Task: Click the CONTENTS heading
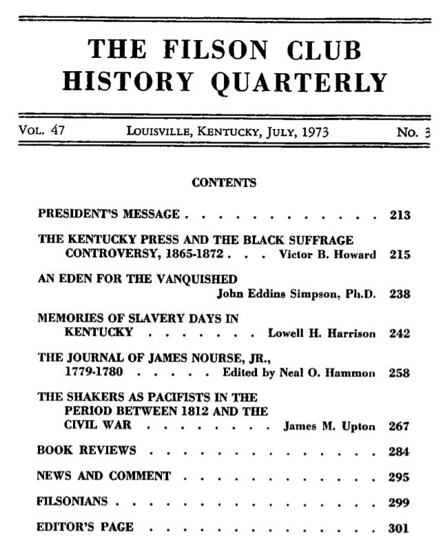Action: click(223, 183)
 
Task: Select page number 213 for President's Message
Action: click(400, 215)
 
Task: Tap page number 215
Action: click(400, 254)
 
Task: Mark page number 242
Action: click(400, 334)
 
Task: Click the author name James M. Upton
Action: click(329, 426)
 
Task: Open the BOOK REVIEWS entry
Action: click(85, 451)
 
